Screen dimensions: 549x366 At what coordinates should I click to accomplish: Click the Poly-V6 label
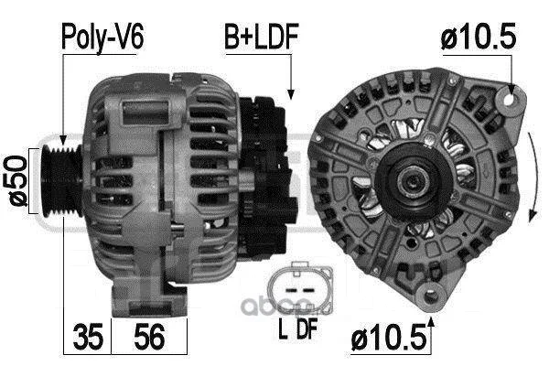point(102,37)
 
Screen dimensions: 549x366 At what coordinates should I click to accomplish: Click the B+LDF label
point(261,37)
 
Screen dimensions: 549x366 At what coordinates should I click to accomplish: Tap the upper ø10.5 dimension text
point(479,36)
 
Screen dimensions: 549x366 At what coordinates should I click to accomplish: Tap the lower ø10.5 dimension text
point(389,337)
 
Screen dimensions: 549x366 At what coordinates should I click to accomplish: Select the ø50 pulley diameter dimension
point(17,180)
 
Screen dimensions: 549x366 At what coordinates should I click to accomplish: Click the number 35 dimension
point(88,337)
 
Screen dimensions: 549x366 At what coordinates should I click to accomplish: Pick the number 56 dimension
point(149,337)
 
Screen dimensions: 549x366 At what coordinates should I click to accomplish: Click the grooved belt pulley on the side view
point(61,181)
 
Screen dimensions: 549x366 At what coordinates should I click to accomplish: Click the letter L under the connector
point(283,329)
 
